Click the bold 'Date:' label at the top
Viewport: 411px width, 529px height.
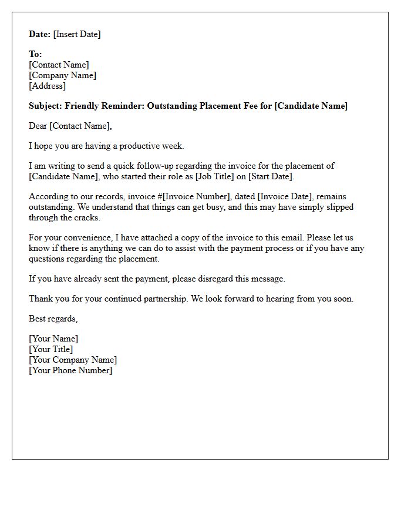pyautogui.click(x=39, y=34)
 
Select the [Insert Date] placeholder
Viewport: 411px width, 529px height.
pyautogui.click(x=77, y=34)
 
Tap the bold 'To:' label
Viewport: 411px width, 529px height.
pyautogui.click(x=35, y=54)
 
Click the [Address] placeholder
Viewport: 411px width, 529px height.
pyautogui.click(x=48, y=86)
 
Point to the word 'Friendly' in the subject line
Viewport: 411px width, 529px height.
pyautogui.click(x=82, y=106)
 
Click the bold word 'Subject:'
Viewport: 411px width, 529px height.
pyautogui.click(x=46, y=106)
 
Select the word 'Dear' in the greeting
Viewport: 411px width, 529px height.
pyautogui.click(x=38, y=126)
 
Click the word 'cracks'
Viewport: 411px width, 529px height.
pyautogui.click(x=87, y=217)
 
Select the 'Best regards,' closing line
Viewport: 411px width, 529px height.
pyautogui.click(x=53, y=319)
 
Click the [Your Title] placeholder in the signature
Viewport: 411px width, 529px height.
pyautogui.click(x=51, y=349)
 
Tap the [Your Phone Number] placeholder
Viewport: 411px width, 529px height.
pyautogui.click(x=70, y=370)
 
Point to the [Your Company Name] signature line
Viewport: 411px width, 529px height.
pyautogui.click(x=73, y=360)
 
